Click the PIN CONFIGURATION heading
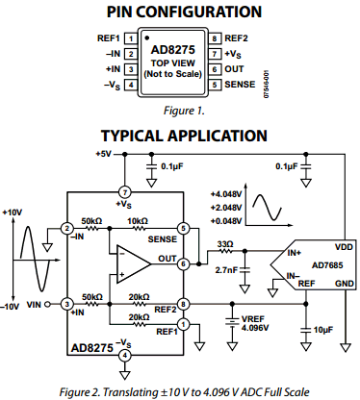click(181, 12)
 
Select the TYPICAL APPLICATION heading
click(181, 135)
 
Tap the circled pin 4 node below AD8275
click(123, 355)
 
